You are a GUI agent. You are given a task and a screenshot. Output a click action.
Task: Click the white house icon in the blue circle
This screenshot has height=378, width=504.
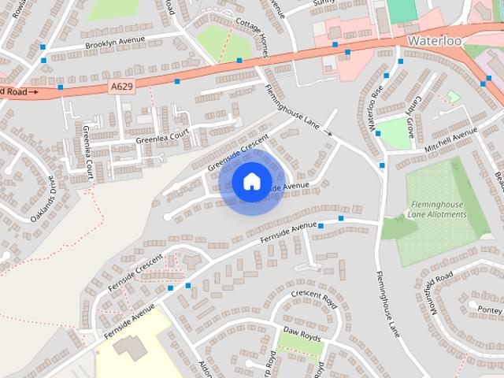(x=250, y=181)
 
